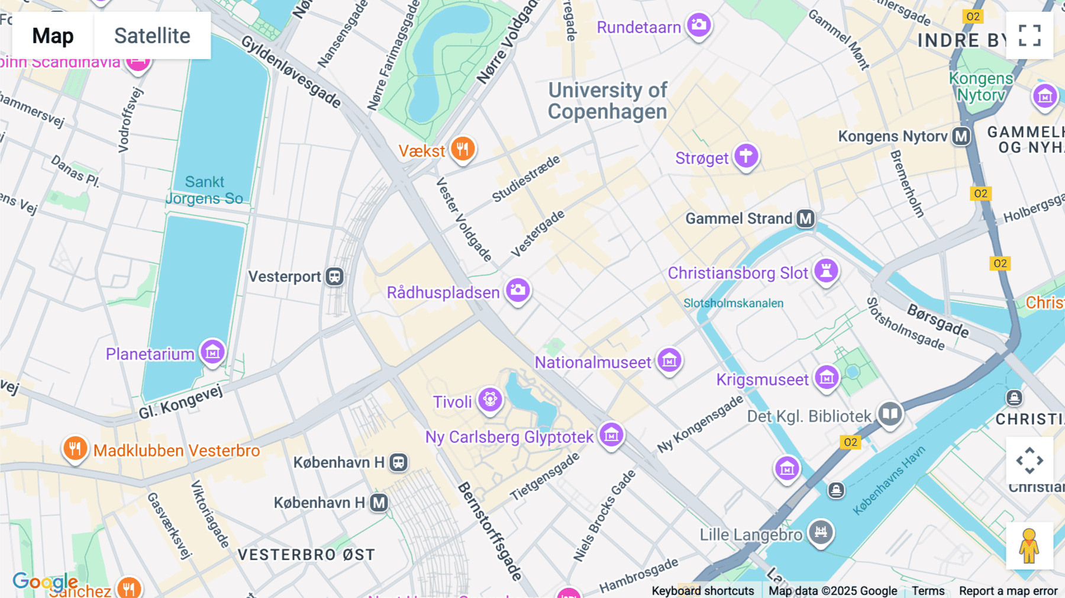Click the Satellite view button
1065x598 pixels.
[152, 36]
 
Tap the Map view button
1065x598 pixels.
[53, 36]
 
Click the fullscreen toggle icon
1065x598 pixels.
[1029, 36]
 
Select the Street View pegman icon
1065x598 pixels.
[1029, 546]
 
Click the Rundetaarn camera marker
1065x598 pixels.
[699, 25]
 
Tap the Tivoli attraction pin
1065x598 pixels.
[490, 400]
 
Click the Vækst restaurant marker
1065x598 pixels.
[463, 149]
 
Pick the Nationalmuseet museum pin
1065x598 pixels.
[669, 360]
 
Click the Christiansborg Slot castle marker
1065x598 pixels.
[826, 271]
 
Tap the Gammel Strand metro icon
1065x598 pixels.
[805, 218]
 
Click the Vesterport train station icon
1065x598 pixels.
[335, 277]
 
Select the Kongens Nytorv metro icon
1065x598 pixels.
[961, 136]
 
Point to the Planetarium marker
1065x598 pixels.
[212, 352]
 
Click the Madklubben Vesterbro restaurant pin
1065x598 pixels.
[75, 448]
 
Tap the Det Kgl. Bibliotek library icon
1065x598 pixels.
[890, 414]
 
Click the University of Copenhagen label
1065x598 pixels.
[607, 101]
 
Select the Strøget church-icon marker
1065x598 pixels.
[746, 156]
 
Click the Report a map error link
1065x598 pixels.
[1008, 591]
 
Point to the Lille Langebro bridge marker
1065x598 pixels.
[821, 532]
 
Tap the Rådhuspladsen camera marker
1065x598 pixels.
[518, 290]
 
